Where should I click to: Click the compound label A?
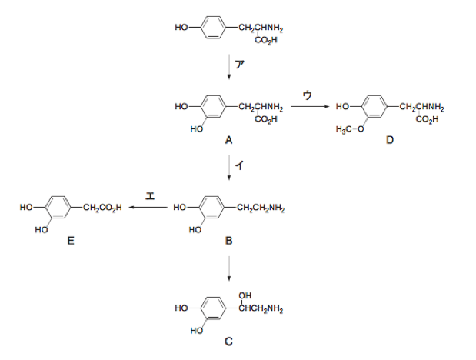[x=228, y=140]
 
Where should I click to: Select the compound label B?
[x=229, y=241]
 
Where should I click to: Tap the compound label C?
[x=229, y=342]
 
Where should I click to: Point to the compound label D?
[x=390, y=140]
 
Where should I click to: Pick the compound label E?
[x=71, y=241]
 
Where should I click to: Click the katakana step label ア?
[x=240, y=65]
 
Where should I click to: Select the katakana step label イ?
[x=240, y=165]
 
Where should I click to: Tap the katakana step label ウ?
[x=308, y=95]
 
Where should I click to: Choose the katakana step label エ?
[x=150, y=196]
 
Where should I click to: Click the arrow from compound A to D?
[x=310, y=107]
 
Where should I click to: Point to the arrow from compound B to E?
[x=148, y=208]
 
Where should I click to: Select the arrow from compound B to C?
[x=229, y=268]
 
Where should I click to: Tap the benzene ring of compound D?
[x=374, y=107]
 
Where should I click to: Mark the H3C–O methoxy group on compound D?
[x=350, y=129]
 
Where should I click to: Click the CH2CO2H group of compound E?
[x=102, y=208]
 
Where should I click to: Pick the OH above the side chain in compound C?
[x=245, y=295]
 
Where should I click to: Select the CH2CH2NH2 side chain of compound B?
[x=261, y=208]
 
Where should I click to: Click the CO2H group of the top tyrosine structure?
[x=266, y=40]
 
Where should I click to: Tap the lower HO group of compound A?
[x=196, y=129]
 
